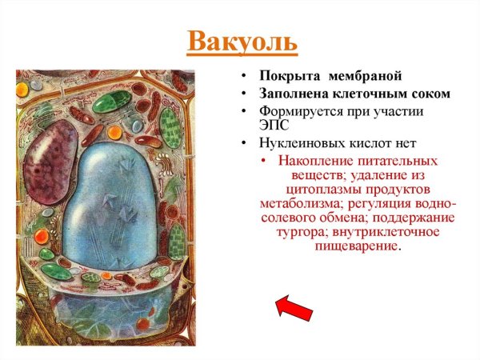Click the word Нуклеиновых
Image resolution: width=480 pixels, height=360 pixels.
pos(298,144)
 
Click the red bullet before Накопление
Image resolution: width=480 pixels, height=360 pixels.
pos(266,160)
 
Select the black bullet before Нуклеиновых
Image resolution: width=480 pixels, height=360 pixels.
pos(244,144)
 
